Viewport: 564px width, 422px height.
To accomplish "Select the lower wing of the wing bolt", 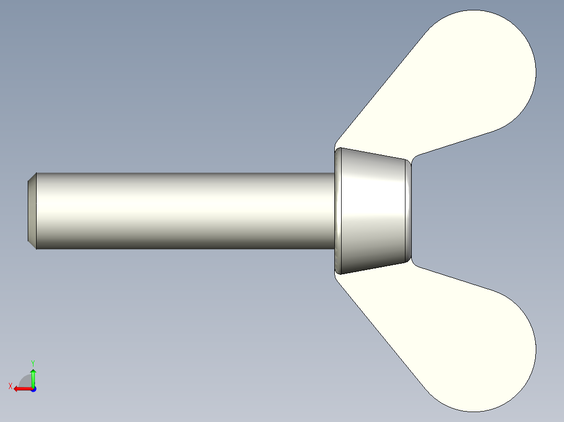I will click(460, 334).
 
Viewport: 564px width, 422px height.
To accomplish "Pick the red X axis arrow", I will click(21, 389).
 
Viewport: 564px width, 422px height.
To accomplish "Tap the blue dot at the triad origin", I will click(33, 389).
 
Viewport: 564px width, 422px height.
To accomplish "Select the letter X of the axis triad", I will click(10, 386).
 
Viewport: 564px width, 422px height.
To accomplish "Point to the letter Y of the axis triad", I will click(32, 362).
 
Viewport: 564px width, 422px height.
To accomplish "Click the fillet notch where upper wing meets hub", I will click(413, 158).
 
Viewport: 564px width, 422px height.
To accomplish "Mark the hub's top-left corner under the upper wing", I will click(336, 148).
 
